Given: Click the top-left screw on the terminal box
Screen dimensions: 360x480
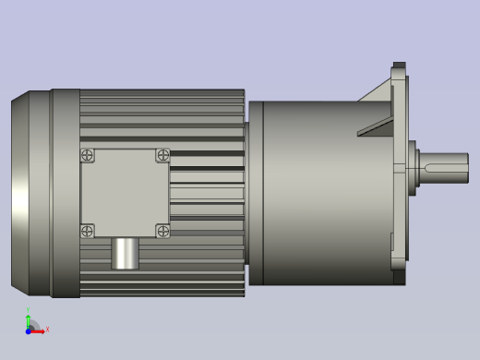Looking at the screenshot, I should [x=88, y=156].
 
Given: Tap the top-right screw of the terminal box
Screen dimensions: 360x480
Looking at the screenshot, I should [x=162, y=156].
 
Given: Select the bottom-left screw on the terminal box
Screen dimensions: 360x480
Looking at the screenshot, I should [x=88, y=231].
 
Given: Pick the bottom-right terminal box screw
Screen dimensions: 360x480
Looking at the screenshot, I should [x=162, y=231].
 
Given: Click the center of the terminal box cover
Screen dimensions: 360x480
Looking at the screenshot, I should [x=125, y=193].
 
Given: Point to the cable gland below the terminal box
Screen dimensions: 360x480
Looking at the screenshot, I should [x=125, y=254].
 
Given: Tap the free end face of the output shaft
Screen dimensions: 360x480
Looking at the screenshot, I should [x=467, y=168].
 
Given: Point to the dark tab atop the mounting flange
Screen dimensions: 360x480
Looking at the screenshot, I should [x=399, y=66].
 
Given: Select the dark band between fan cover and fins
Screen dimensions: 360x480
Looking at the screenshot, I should [x=65, y=194].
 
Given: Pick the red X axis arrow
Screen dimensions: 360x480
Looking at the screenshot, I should [x=38, y=330].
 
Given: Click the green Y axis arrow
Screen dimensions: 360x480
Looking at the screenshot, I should [x=29, y=320].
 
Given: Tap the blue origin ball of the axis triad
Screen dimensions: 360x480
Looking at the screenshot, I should [x=29, y=330].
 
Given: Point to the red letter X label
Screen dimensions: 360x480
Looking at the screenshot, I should [x=47, y=330].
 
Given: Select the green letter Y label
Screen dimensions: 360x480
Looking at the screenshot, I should [x=28, y=311].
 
